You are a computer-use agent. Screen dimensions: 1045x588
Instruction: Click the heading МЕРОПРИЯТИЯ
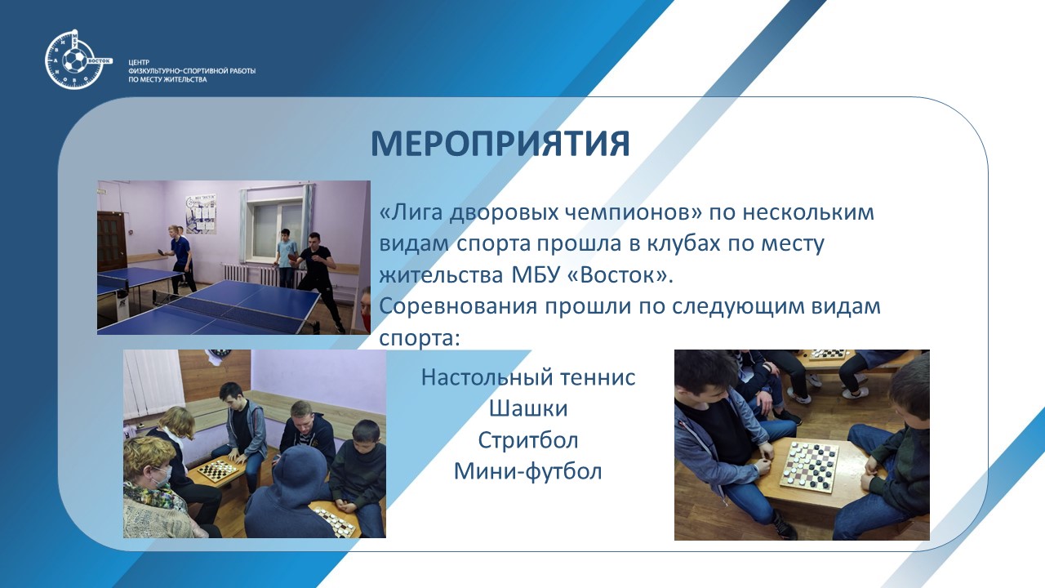[500, 143]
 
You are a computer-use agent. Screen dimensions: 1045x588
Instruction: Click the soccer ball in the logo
[74, 62]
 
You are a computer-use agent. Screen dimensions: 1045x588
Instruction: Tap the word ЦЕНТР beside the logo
[139, 62]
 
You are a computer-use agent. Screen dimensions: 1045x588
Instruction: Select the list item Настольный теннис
[528, 377]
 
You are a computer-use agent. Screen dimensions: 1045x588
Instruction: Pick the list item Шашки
[528, 408]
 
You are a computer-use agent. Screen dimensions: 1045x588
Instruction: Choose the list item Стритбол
[528, 440]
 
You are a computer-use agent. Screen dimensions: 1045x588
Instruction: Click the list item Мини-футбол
[528, 471]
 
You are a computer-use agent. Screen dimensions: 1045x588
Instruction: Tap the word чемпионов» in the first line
[633, 213]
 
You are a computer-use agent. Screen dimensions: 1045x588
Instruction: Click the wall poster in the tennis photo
[202, 213]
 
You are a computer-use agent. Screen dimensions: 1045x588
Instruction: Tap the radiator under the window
[252, 275]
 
